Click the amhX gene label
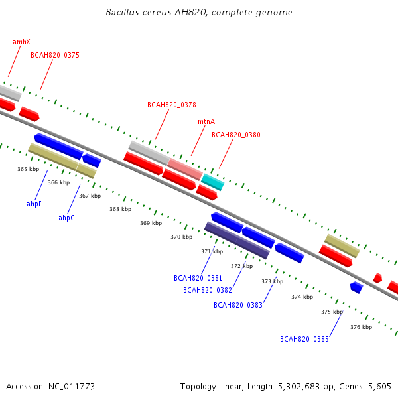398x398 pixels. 21,42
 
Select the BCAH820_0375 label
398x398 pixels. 55,55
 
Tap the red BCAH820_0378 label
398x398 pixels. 172,105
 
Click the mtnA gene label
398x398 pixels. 206,121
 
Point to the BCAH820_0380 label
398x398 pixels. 236,135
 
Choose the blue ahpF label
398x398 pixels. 34,204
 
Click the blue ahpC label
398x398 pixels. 66,218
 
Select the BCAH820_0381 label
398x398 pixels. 198,278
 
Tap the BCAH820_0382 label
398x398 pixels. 208,290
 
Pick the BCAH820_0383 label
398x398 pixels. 238,305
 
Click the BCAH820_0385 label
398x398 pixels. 304,339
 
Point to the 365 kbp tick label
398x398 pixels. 28,169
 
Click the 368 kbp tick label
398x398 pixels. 120,209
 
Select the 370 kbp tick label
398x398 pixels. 182,237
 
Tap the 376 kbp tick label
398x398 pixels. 362,327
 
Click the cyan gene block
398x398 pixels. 213,182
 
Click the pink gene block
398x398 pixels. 185,169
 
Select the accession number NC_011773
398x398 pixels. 72,387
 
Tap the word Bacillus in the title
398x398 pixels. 122,12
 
